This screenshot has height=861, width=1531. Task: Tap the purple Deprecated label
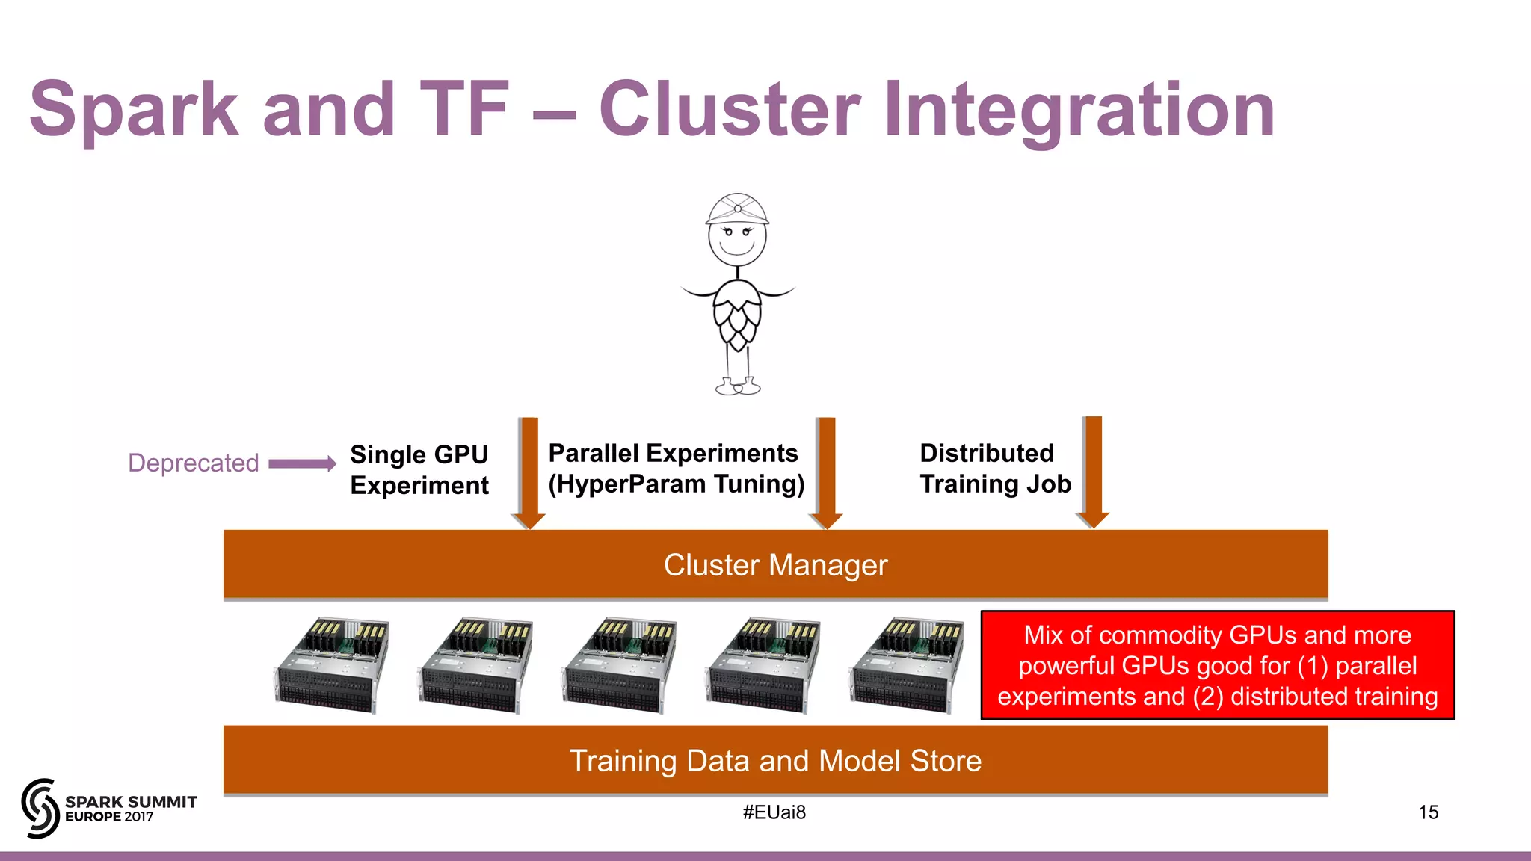193,463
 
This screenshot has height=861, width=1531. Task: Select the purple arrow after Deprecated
302,464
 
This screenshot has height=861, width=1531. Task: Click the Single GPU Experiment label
419,469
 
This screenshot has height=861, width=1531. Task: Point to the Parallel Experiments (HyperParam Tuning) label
675,469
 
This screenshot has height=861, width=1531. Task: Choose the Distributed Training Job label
994,469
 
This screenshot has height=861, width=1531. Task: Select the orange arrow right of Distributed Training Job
1092,471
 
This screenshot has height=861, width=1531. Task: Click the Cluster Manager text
775,565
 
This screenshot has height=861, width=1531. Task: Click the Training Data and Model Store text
775,761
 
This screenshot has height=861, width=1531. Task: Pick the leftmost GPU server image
330,665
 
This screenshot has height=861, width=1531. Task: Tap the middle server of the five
619,665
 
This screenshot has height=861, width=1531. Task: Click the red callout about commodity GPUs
1217,665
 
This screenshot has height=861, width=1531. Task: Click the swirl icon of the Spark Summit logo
40,808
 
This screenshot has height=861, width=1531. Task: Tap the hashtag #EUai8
774,812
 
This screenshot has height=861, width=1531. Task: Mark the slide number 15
1428,812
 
